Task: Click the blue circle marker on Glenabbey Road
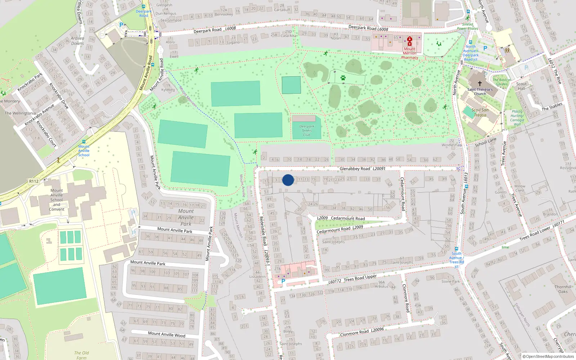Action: (288, 180)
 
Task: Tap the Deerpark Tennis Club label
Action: (306, 131)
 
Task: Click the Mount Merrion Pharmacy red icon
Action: (409, 41)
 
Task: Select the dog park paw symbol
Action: (343, 78)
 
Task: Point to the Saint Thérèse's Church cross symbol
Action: (480, 83)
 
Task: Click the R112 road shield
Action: (34, 181)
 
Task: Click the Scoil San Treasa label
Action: (480, 113)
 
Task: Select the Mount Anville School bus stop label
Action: (84, 150)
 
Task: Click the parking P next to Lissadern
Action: (283, 281)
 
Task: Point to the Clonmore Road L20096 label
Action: (362, 332)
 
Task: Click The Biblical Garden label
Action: (501, 82)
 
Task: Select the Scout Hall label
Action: (521, 86)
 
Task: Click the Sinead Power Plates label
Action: (467, 26)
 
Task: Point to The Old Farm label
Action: (81, 355)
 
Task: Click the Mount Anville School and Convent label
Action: (57, 200)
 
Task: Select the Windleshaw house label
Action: (452, 145)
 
